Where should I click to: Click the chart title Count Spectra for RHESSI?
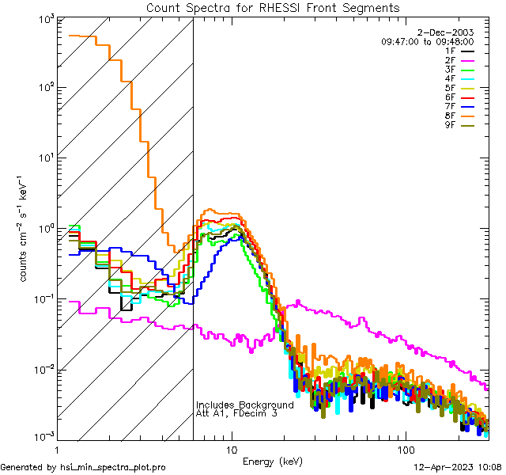(273, 7)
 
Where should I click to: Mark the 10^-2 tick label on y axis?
(42, 369)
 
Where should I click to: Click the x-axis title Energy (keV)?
(271, 461)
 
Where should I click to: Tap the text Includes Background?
(244, 405)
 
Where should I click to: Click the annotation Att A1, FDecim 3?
(236, 414)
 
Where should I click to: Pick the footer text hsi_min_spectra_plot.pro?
(113, 468)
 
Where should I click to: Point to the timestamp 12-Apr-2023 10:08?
(459, 468)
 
